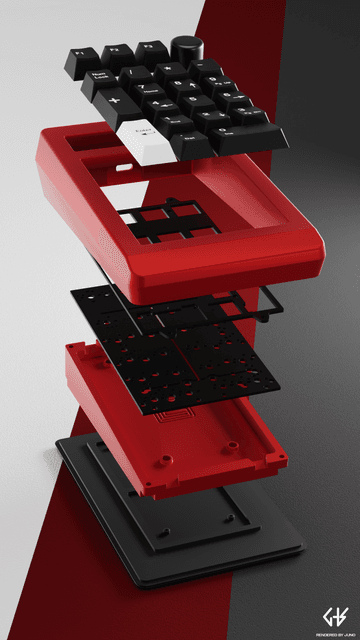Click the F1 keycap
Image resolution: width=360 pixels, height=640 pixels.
pyautogui.click(x=80, y=52)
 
